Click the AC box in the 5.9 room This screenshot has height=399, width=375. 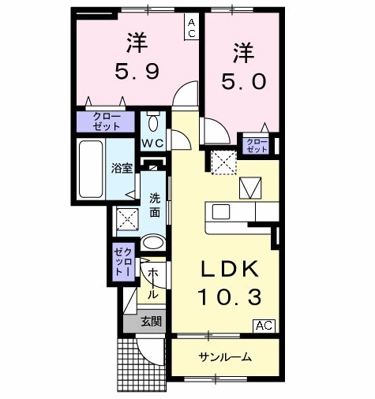coord(192,28)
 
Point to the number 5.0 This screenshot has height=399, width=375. coord(243,80)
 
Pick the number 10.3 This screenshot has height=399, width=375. coord(228,298)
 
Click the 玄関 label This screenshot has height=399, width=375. coord(152,322)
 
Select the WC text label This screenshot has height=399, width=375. coord(152,143)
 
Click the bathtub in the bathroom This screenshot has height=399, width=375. coord(92,169)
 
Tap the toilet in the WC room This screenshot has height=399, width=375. coord(154,123)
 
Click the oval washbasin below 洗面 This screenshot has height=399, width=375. coord(153,243)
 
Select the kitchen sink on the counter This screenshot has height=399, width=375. coord(220,212)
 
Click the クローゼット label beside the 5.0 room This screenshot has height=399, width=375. coord(257,144)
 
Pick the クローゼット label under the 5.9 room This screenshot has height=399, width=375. coord(106,121)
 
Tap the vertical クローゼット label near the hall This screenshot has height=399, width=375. coord(122,262)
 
